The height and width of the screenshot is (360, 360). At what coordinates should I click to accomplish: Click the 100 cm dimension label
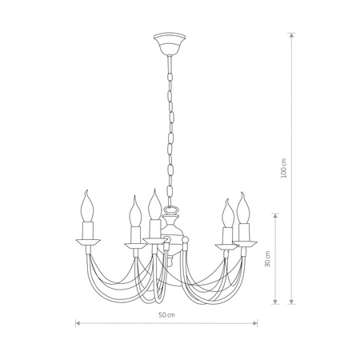click(x=295, y=168)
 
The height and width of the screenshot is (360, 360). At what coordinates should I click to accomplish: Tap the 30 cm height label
click(x=269, y=258)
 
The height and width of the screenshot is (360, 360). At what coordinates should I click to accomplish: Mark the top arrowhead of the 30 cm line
click(x=276, y=214)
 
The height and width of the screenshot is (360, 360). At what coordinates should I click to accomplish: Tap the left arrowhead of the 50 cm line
click(x=78, y=324)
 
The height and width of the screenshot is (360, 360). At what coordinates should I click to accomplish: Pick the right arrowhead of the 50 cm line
click(x=256, y=324)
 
